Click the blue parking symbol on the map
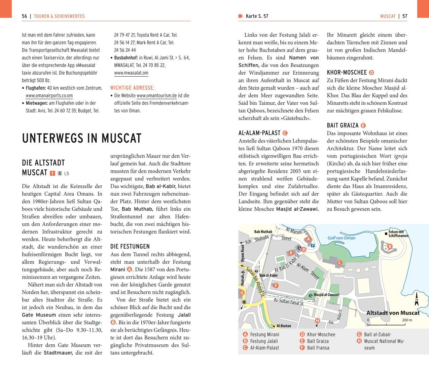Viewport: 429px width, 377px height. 313,246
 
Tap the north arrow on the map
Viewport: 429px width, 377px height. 417,299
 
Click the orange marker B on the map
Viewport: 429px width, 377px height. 390,246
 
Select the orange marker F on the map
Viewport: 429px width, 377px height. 276,286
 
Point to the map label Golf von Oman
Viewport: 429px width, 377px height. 341,238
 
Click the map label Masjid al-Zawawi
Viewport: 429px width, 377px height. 326,295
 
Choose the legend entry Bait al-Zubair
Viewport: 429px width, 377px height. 377,334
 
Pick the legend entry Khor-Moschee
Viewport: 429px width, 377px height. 321,334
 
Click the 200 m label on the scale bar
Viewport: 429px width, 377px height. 407,320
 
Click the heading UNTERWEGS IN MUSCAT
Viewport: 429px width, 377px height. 82,138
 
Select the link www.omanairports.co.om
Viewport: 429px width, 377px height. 49,95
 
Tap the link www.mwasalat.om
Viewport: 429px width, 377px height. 131,73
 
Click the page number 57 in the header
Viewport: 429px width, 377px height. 404,16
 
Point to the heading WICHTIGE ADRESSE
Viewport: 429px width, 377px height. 132,88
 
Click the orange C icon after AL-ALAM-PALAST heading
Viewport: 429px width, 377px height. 285,133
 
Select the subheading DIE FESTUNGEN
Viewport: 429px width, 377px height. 130,246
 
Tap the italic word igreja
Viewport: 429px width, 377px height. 400,156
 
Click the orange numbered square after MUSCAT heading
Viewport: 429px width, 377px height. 52,173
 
